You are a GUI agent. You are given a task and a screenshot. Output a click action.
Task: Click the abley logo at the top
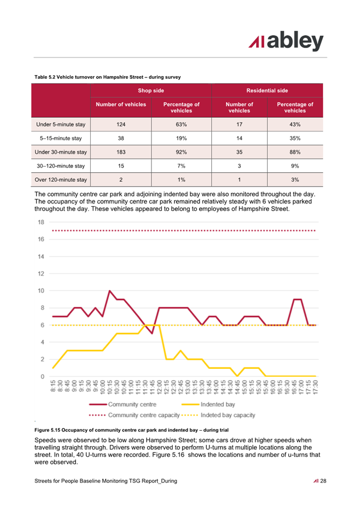pos(286,41)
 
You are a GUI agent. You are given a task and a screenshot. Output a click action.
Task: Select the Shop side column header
pos(151,91)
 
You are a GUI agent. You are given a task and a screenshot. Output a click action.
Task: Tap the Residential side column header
pos(267,91)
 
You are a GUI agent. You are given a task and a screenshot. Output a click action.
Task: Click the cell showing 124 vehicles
pos(121,124)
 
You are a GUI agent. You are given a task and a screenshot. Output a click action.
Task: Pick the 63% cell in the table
pos(181,124)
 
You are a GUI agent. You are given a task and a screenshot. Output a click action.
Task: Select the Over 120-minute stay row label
pos(61,180)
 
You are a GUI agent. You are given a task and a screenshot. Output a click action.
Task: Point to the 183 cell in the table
pos(121,152)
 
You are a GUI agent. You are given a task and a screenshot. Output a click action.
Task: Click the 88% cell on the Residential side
pos(295,152)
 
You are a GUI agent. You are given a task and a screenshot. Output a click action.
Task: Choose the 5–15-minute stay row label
pos(61,138)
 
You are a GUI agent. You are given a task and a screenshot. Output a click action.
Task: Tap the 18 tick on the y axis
pos(41,222)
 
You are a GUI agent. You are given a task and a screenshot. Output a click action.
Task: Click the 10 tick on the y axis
pos(41,291)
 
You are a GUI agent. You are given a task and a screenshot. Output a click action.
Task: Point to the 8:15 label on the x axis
pos(53,386)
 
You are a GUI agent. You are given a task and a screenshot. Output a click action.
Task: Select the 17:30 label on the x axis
pos(316,387)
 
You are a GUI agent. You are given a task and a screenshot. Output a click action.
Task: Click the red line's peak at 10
pos(109,291)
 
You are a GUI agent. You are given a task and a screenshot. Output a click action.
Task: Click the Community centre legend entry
pos(123,405)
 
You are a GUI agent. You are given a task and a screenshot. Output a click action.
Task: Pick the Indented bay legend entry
pos(208,405)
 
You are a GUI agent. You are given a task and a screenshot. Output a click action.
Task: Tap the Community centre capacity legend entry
pos(134,415)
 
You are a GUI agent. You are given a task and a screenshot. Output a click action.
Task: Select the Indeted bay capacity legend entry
pos(218,415)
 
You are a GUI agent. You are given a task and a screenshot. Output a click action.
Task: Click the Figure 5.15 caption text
pos(132,430)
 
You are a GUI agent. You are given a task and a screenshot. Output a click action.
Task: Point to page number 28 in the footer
pos(323,481)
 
